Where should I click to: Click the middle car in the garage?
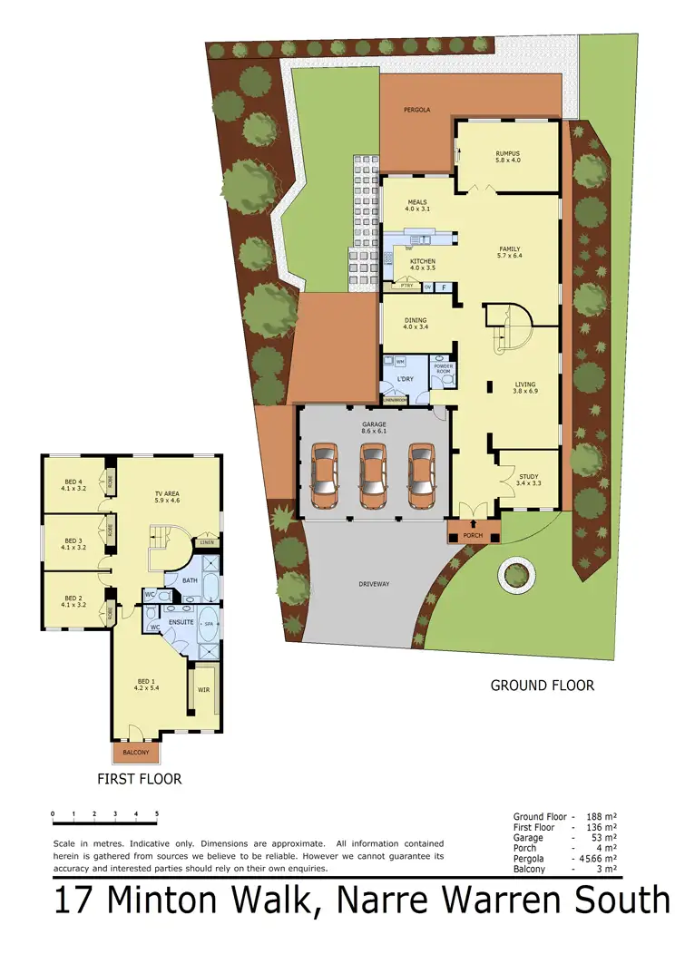373,475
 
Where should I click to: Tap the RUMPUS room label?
507,154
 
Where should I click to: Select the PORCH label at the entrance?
472,536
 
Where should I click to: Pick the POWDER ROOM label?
443,369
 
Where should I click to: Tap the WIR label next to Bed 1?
203,689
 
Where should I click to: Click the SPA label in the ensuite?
208,625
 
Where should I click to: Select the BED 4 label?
73,482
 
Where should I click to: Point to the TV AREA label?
167,494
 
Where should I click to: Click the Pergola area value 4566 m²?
597,858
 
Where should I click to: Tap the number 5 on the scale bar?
157,813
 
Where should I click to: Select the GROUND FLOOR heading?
543,686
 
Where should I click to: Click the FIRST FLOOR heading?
139,779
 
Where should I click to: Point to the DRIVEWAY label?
373,584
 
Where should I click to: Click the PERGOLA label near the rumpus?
417,110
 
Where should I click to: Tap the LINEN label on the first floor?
208,542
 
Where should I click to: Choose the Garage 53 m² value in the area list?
602,837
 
